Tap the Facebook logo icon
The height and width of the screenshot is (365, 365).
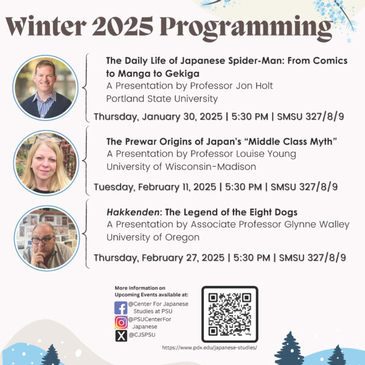coord(121,308)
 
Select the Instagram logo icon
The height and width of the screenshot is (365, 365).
coord(121,322)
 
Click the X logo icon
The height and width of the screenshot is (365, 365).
coord(121,336)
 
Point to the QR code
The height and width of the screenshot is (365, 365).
coord(230,314)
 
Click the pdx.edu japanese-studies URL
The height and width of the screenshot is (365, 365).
coord(209,348)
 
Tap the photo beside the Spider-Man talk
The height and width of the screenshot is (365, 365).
coord(46,88)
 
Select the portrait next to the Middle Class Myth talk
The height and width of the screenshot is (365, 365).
coord(46,162)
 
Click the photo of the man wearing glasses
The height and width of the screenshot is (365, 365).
coord(47,238)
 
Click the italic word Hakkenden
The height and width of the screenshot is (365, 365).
coord(133,212)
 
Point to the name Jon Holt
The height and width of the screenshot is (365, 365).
coord(254,86)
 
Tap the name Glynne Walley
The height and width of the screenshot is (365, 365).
coord(317,224)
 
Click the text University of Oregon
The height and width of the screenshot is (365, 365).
coord(153,238)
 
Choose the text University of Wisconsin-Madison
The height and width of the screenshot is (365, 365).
coord(181,167)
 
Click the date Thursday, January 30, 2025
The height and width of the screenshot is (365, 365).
coord(158,117)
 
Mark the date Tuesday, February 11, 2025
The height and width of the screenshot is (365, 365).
coord(155,187)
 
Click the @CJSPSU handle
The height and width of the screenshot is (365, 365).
coord(142,335)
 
